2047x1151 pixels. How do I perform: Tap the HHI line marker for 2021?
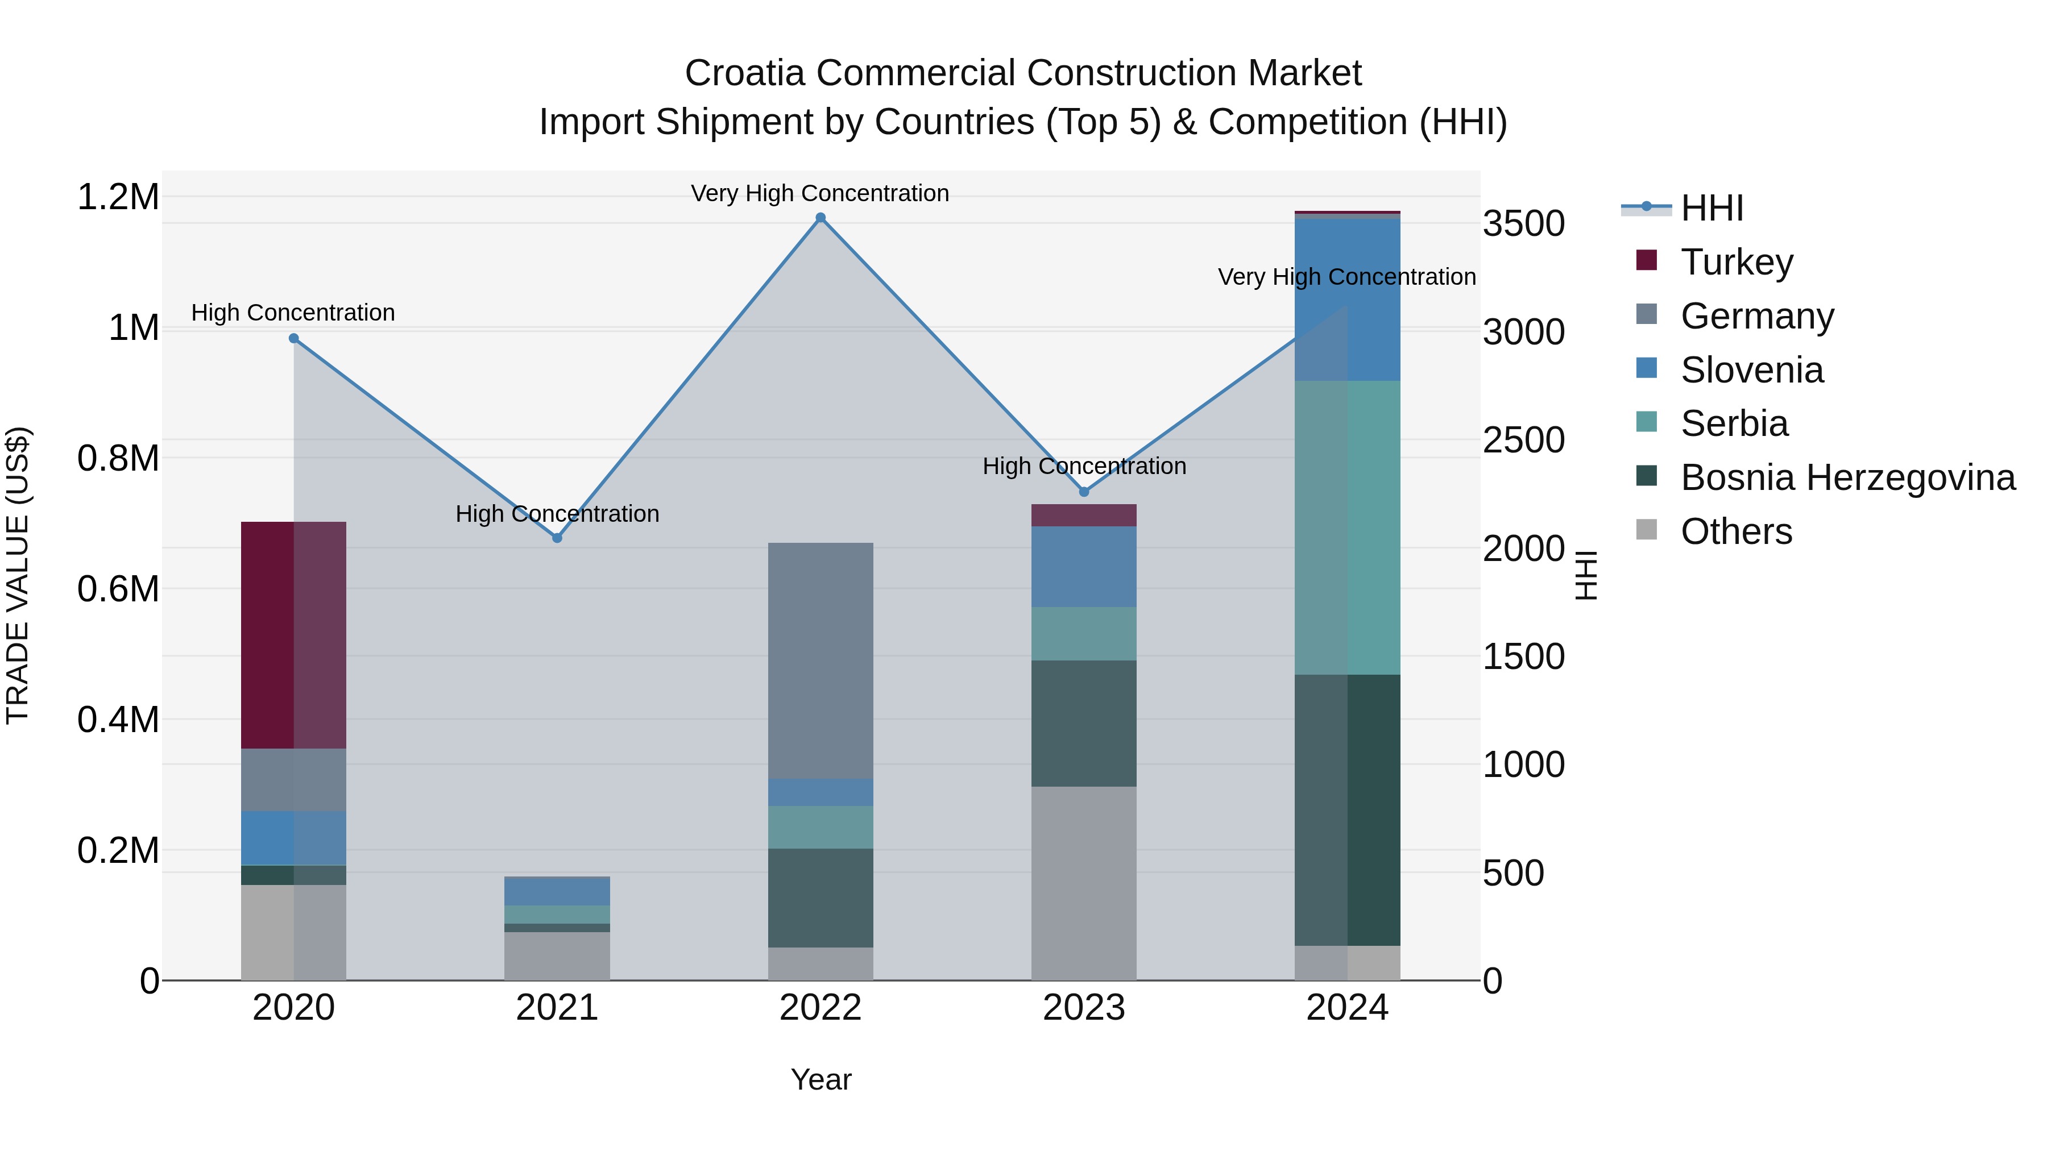[557, 538]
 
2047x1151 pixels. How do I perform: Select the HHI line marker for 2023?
[1084, 492]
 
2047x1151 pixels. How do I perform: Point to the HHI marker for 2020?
[293, 338]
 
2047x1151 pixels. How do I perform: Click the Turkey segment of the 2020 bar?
[293, 635]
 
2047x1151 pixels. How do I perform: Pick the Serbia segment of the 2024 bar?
[1348, 527]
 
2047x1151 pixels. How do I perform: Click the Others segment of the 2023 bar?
[1084, 883]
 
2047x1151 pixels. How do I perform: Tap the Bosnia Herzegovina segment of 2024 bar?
[1348, 809]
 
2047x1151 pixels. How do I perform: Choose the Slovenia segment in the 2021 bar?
[557, 891]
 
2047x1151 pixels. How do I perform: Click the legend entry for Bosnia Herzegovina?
[1847, 477]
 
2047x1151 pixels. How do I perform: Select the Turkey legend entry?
[1737, 261]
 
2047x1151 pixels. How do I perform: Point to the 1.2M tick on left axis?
[118, 197]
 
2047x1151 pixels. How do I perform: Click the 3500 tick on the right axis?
[1523, 224]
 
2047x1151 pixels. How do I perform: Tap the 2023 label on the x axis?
[1084, 1008]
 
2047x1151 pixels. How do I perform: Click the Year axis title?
[821, 1079]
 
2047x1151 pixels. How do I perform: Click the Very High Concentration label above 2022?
[820, 193]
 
